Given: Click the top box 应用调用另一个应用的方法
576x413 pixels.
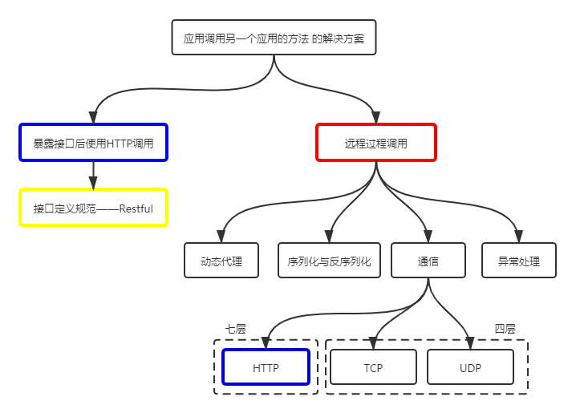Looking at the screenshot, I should tap(274, 37).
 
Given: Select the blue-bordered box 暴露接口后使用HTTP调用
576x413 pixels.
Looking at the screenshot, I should tap(93, 144).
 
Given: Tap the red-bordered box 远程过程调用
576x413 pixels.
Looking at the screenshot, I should tap(375, 144).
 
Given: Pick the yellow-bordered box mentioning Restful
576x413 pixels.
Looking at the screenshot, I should tap(93, 209).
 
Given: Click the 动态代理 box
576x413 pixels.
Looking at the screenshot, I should tap(221, 261).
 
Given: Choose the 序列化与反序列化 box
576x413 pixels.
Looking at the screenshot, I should tap(329, 261).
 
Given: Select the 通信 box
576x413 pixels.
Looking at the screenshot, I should tap(428, 261).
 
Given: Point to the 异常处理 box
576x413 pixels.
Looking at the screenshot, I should tap(519, 261).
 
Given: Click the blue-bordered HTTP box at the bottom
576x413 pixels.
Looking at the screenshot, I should tap(266, 368).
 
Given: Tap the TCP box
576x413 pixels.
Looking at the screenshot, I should tap(373, 368).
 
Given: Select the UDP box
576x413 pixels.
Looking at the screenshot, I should tap(470, 368).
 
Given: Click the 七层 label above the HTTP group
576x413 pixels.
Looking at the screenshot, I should tap(235, 329).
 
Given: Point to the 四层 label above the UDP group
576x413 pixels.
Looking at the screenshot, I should tap(505, 329).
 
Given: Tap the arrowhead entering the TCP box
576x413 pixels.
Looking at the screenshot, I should tap(374, 343).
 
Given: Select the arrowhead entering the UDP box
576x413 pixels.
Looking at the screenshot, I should tap(470, 343).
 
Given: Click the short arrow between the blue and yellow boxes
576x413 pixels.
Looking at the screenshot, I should tap(93, 174).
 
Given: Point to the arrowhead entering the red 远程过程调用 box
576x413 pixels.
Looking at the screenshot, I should tap(375, 117).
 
